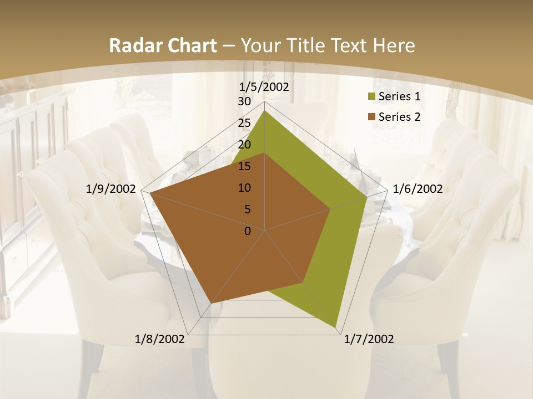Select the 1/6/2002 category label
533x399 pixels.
[x=418, y=189]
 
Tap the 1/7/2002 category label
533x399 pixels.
[x=369, y=339]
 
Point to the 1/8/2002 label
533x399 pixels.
[x=160, y=339]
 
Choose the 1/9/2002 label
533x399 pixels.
[x=111, y=189]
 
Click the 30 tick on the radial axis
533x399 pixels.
[x=244, y=101]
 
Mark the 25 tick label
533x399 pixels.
[x=244, y=123]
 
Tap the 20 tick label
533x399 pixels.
[x=244, y=145]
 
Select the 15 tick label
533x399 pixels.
[x=244, y=166]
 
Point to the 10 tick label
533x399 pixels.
[x=244, y=188]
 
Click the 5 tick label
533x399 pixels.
[x=248, y=209]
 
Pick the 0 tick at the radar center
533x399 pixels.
[x=248, y=231]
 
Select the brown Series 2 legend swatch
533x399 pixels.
[x=371, y=117]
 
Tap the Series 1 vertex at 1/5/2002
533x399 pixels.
[x=264, y=110]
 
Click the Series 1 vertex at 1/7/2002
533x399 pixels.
[x=336, y=327]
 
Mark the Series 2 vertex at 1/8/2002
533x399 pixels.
[x=211, y=304]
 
